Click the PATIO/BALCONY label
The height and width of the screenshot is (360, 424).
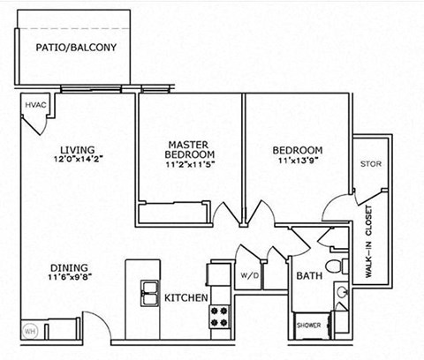[75, 48]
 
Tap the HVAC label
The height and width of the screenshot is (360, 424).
[35, 106]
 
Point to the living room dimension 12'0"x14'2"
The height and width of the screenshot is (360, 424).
[77, 160]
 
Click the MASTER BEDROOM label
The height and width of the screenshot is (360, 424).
[190, 148]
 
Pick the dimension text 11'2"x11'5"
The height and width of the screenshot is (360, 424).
[190, 164]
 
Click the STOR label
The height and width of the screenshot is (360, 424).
[370, 164]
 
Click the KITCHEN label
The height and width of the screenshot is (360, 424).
[185, 298]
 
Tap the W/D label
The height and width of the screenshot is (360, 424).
[248, 275]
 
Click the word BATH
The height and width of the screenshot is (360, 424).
[309, 276]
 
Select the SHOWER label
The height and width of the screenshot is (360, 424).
[308, 325]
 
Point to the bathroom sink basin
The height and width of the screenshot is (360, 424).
[343, 292]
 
